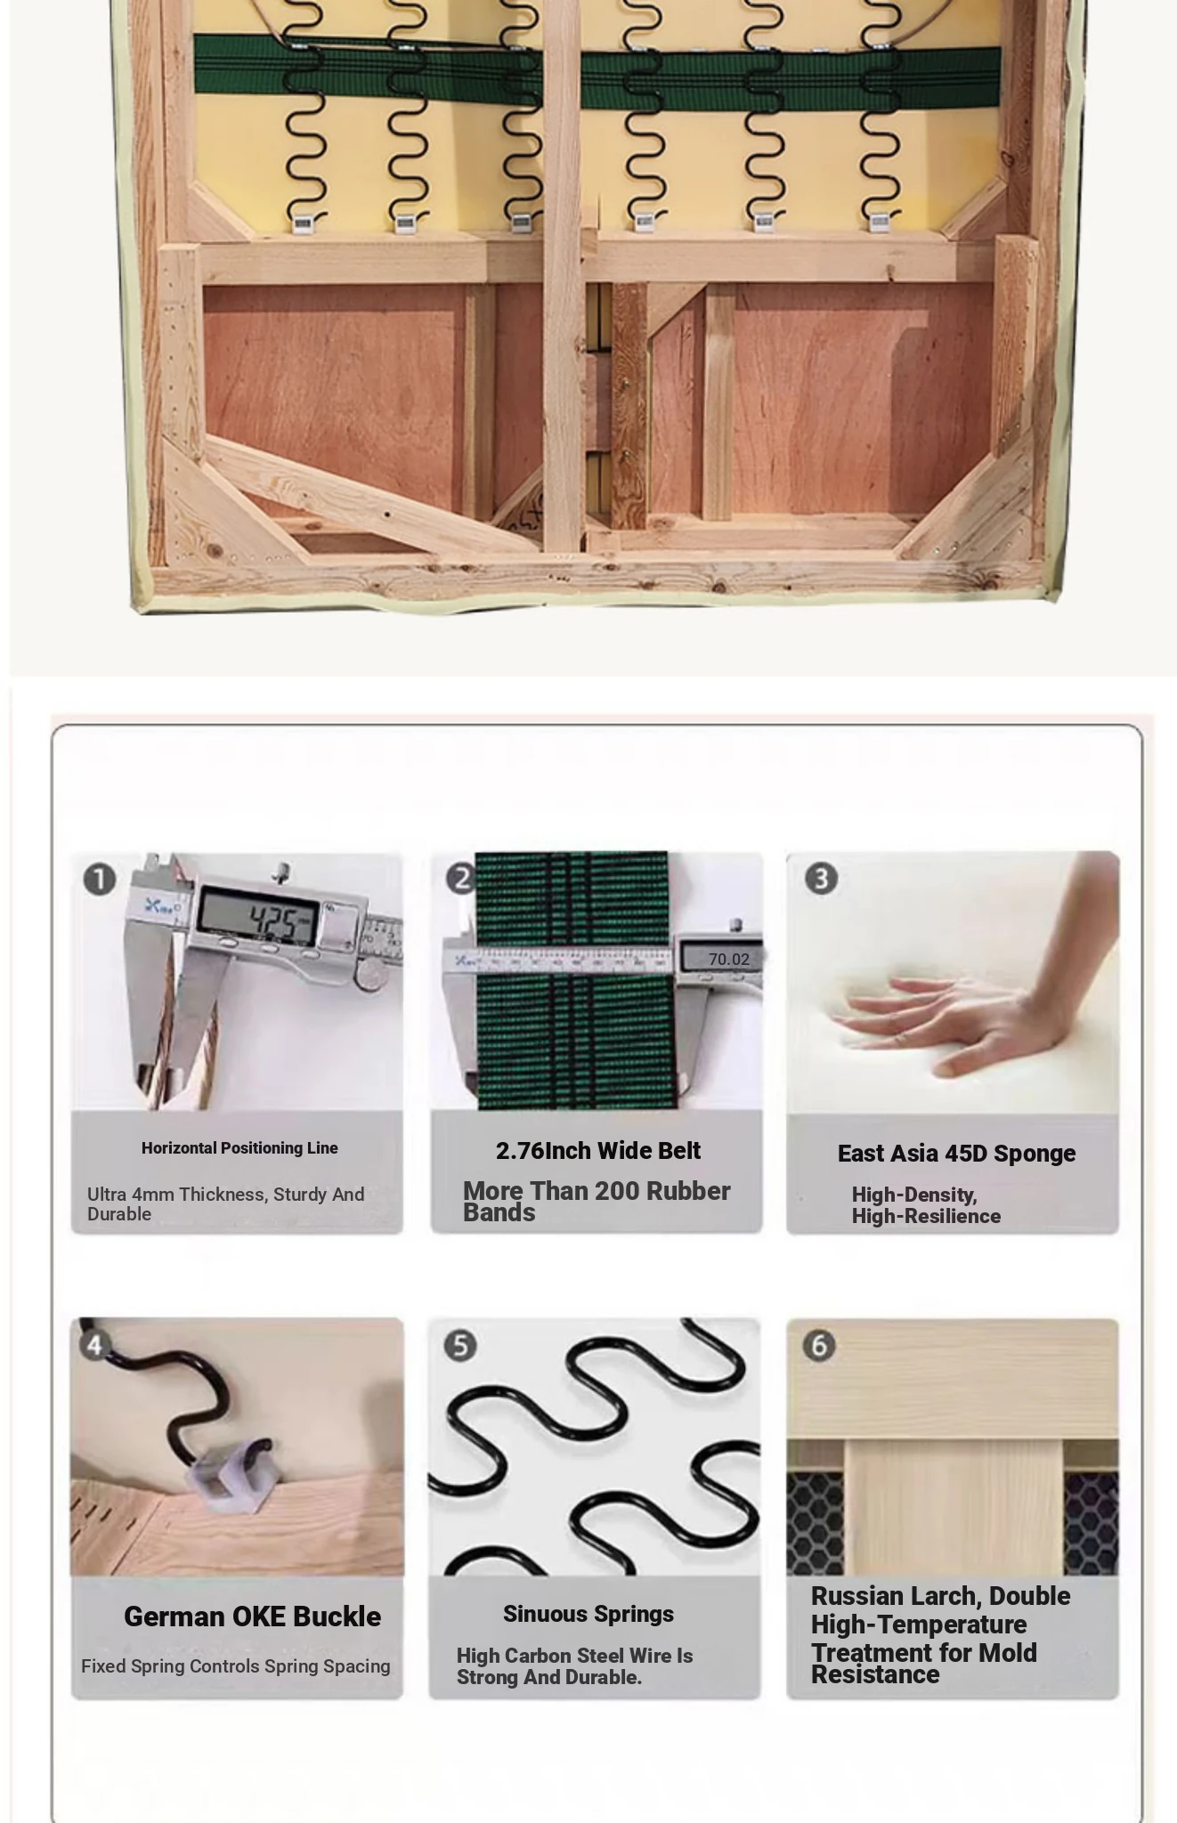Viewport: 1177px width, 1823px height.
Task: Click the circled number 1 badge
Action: tap(100, 879)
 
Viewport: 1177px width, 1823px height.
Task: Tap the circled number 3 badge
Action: tap(821, 879)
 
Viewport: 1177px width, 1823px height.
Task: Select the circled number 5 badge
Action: tap(460, 1345)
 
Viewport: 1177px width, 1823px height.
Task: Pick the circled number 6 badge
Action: tap(819, 1345)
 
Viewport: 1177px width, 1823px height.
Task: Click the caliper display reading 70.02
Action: tap(728, 959)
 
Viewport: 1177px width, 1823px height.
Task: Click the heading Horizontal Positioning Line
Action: tap(239, 1148)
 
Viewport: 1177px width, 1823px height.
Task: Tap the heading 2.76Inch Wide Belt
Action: tap(598, 1151)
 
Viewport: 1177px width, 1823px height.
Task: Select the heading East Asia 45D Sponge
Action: tap(956, 1154)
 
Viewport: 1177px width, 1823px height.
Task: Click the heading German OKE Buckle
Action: tap(252, 1616)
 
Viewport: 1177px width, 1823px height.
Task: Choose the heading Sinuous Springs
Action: tap(588, 1614)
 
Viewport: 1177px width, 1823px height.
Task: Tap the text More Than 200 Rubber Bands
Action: tap(597, 1202)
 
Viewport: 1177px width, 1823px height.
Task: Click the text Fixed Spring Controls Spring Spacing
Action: tap(236, 1666)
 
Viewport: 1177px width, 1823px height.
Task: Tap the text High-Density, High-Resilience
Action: tap(926, 1205)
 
